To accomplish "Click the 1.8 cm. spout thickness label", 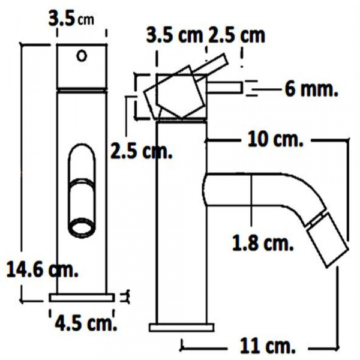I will point(263,243).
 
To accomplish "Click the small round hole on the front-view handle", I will point(82,56).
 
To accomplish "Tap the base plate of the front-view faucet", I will point(82,297).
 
